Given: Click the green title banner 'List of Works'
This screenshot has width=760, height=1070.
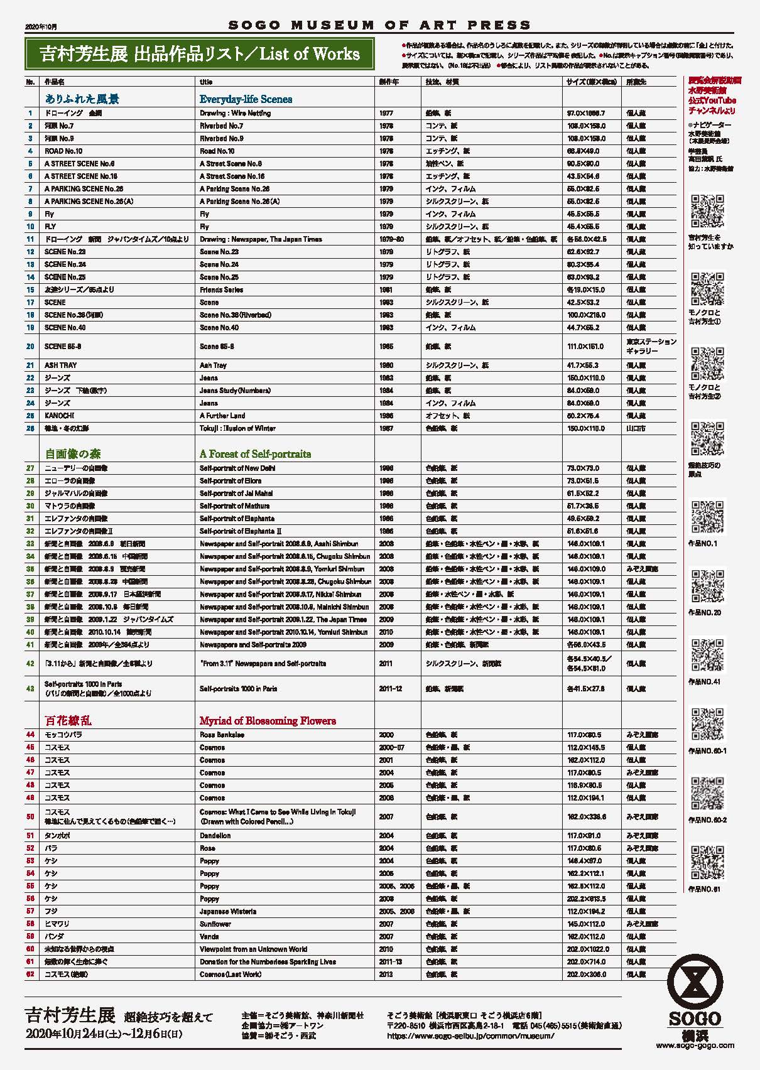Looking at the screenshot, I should click(200, 53).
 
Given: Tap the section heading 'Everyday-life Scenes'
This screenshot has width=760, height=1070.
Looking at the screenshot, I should click(246, 99).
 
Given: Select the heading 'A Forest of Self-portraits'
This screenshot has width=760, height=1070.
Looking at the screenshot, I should click(255, 454).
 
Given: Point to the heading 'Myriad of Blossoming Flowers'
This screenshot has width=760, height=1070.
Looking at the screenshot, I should click(268, 721).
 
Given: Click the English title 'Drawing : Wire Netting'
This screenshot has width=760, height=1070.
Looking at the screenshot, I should click(235, 114).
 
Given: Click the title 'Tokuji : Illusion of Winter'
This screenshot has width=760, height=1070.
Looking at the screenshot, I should click(237, 428).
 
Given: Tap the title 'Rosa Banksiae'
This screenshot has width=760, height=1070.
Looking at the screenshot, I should click(222, 735).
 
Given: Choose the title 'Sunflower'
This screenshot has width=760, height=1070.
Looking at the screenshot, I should click(215, 924).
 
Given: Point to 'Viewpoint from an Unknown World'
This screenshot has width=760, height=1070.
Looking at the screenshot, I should click(253, 949).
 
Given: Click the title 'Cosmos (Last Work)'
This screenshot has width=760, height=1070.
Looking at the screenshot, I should click(230, 975).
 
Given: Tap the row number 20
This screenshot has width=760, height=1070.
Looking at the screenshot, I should click(30, 347).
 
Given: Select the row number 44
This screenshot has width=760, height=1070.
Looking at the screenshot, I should click(30, 735).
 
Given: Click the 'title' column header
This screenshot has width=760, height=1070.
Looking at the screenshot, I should click(206, 82).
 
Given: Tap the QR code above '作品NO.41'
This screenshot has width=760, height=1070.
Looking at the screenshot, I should click(707, 656).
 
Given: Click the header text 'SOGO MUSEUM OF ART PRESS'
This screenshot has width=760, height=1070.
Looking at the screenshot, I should click(379, 25).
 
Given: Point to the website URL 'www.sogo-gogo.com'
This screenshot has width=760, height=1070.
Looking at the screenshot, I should click(694, 1046).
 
